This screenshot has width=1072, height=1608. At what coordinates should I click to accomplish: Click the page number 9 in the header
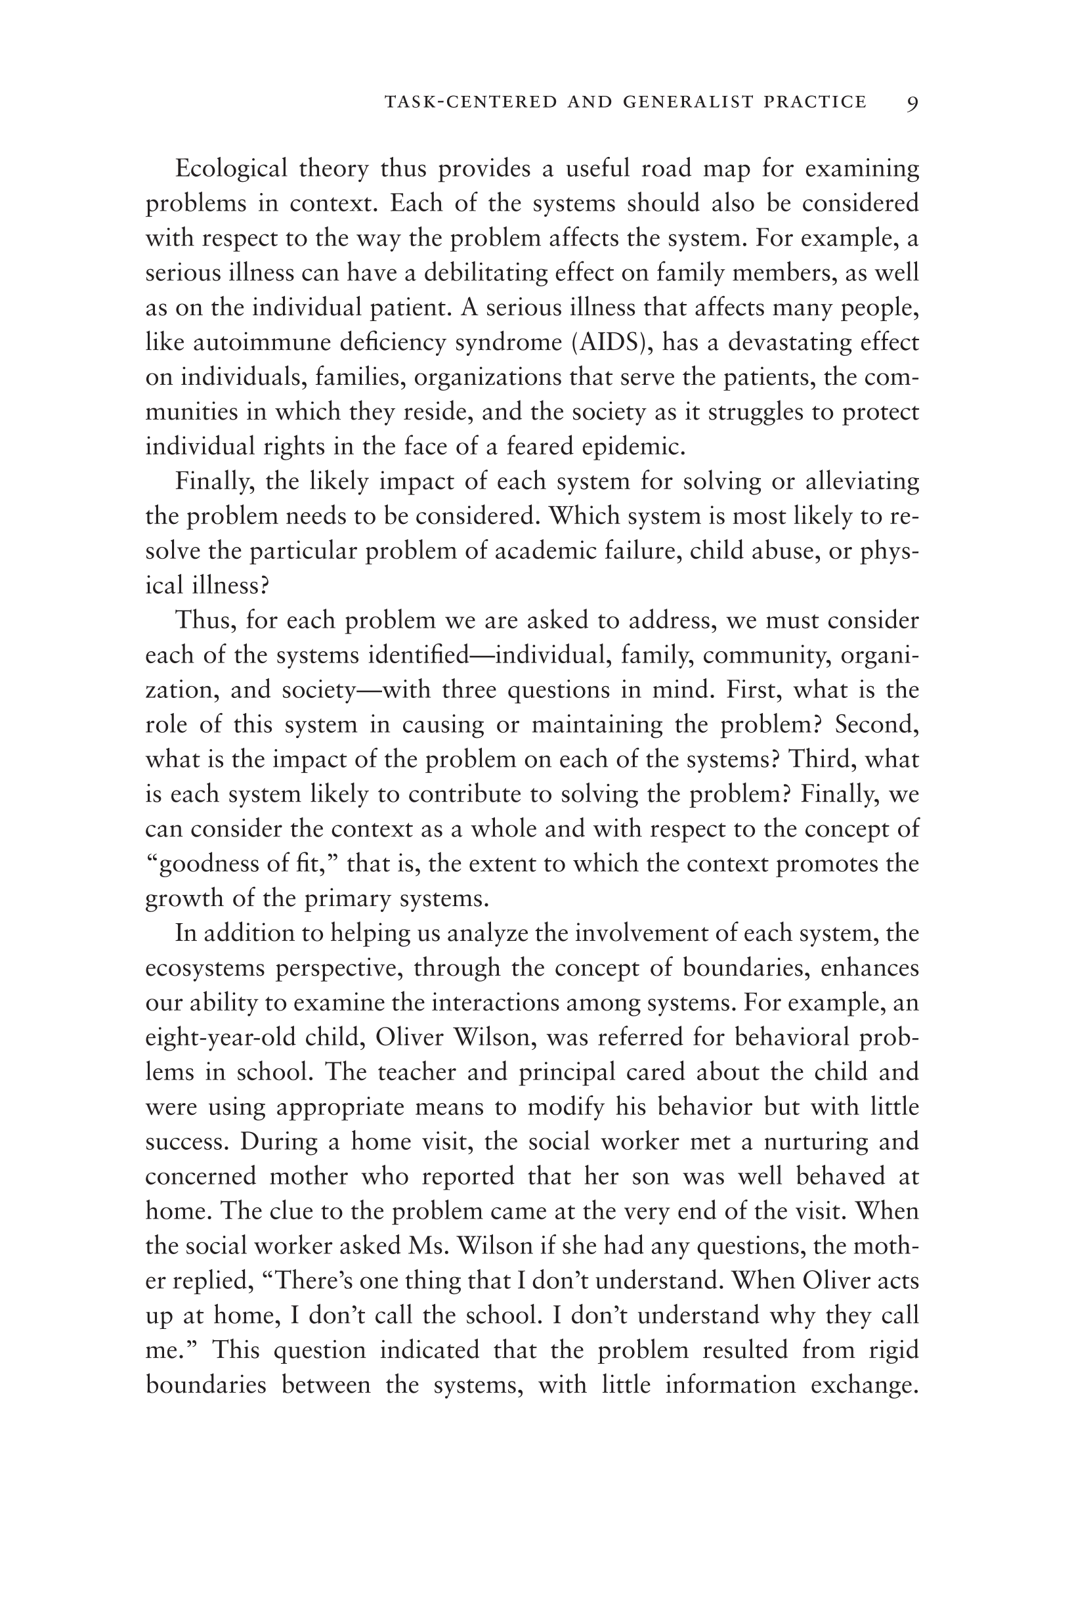click(x=912, y=103)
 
